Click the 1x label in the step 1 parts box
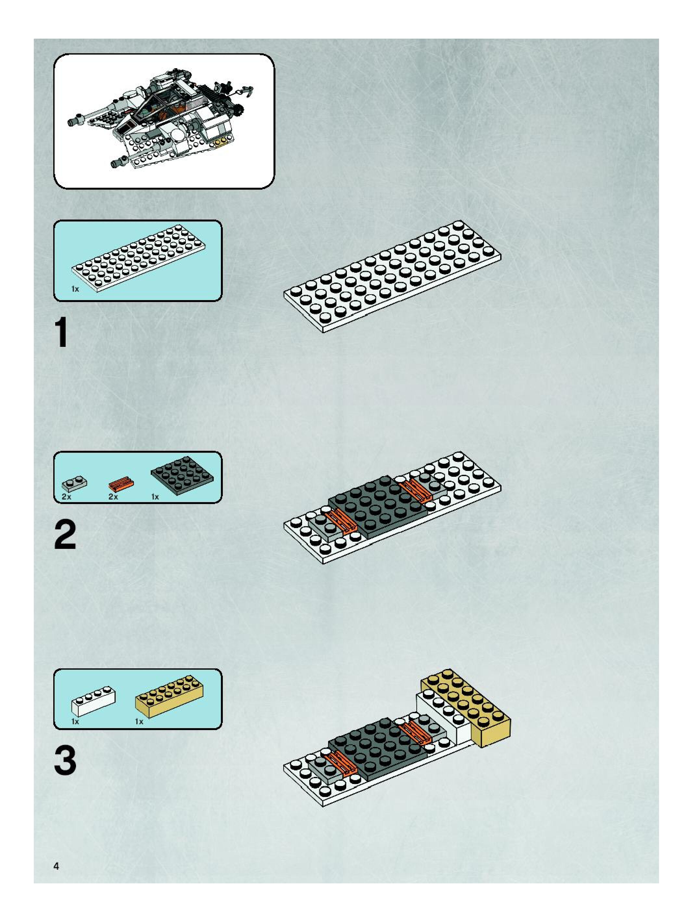(75, 289)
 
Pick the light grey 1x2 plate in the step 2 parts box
(74, 484)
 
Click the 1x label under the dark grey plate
(155, 497)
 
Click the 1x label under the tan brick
(139, 721)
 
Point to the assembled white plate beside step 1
(392, 277)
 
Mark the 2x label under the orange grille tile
(113, 497)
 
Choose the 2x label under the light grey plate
(66, 497)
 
